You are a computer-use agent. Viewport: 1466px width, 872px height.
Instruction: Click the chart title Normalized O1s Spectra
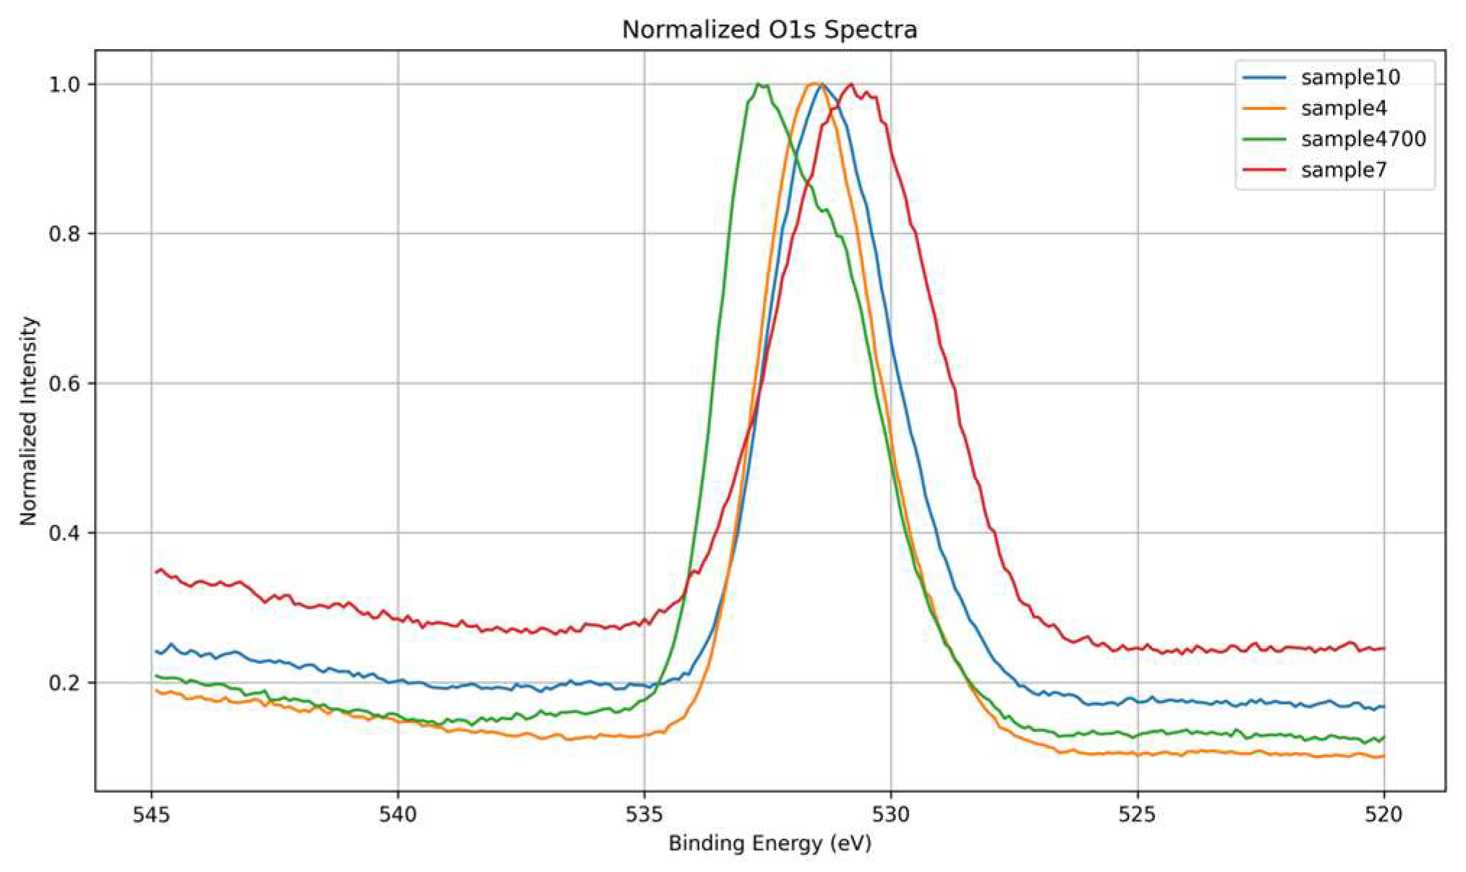click(x=769, y=30)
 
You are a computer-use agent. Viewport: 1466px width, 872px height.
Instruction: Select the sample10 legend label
click(x=1350, y=77)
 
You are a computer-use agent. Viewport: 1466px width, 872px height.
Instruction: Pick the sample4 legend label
click(x=1343, y=108)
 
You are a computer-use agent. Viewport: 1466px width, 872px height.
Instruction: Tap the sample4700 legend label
click(x=1363, y=139)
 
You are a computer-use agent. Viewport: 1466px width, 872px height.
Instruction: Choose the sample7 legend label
click(x=1343, y=170)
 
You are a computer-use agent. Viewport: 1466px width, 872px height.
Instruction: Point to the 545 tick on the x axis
click(x=151, y=815)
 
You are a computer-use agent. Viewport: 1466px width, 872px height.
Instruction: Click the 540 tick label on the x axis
click(x=398, y=815)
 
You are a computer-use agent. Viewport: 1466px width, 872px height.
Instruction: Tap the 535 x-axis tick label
click(x=644, y=815)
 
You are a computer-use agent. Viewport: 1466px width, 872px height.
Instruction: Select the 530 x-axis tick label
click(x=891, y=815)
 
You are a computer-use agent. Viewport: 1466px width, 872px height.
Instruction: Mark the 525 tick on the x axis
click(x=1138, y=815)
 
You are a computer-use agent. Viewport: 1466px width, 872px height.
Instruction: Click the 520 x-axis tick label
click(x=1384, y=815)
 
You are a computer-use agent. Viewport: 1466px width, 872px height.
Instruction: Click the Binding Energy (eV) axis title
click(x=769, y=844)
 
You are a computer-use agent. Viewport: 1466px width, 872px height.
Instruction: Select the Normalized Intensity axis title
click(x=28, y=421)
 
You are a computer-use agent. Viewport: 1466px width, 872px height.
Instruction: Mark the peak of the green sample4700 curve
click(x=759, y=85)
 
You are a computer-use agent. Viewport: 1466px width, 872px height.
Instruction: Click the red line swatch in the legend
click(x=1264, y=170)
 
